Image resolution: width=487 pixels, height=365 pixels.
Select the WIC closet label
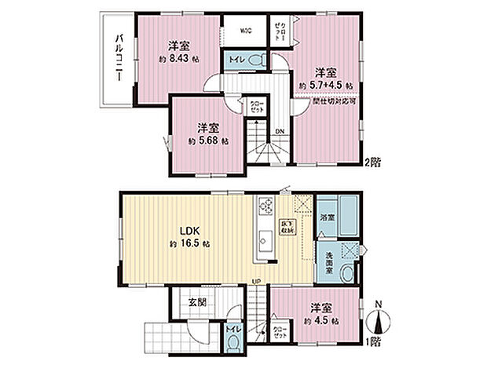(244, 31)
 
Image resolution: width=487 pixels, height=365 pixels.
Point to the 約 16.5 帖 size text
(189, 245)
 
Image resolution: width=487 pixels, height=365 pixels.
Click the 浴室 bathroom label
(328, 217)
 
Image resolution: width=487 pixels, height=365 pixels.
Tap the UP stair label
(256, 282)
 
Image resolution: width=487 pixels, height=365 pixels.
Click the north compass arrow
(380, 322)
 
